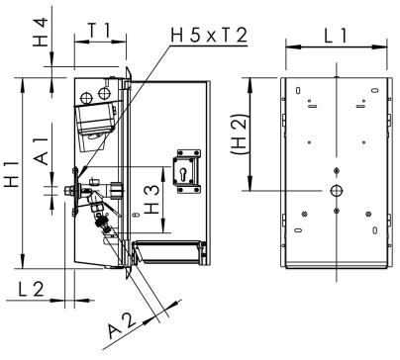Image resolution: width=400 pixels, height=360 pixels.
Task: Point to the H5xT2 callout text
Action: coord(209,36)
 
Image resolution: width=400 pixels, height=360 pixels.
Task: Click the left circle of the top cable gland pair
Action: coord(87,96)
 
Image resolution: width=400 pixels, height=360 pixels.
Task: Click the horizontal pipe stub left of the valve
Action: coord(69,189)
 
